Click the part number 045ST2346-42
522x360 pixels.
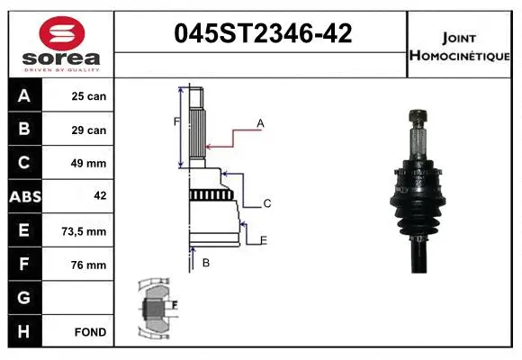262,35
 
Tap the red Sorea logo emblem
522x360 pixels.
59,34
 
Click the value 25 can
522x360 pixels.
88,96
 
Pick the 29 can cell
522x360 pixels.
88,130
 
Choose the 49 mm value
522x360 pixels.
88,164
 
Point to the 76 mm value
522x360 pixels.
88,265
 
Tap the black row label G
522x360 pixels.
23,298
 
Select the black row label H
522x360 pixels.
23,332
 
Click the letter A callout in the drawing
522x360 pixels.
260,122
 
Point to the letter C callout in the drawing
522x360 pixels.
266,203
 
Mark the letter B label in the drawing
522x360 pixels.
206,263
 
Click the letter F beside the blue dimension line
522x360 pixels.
176,121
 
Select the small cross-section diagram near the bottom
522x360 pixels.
155,308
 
